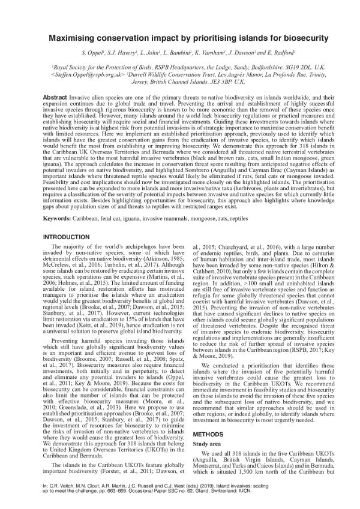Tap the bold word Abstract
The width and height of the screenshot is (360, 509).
click(x=55, y=97)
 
